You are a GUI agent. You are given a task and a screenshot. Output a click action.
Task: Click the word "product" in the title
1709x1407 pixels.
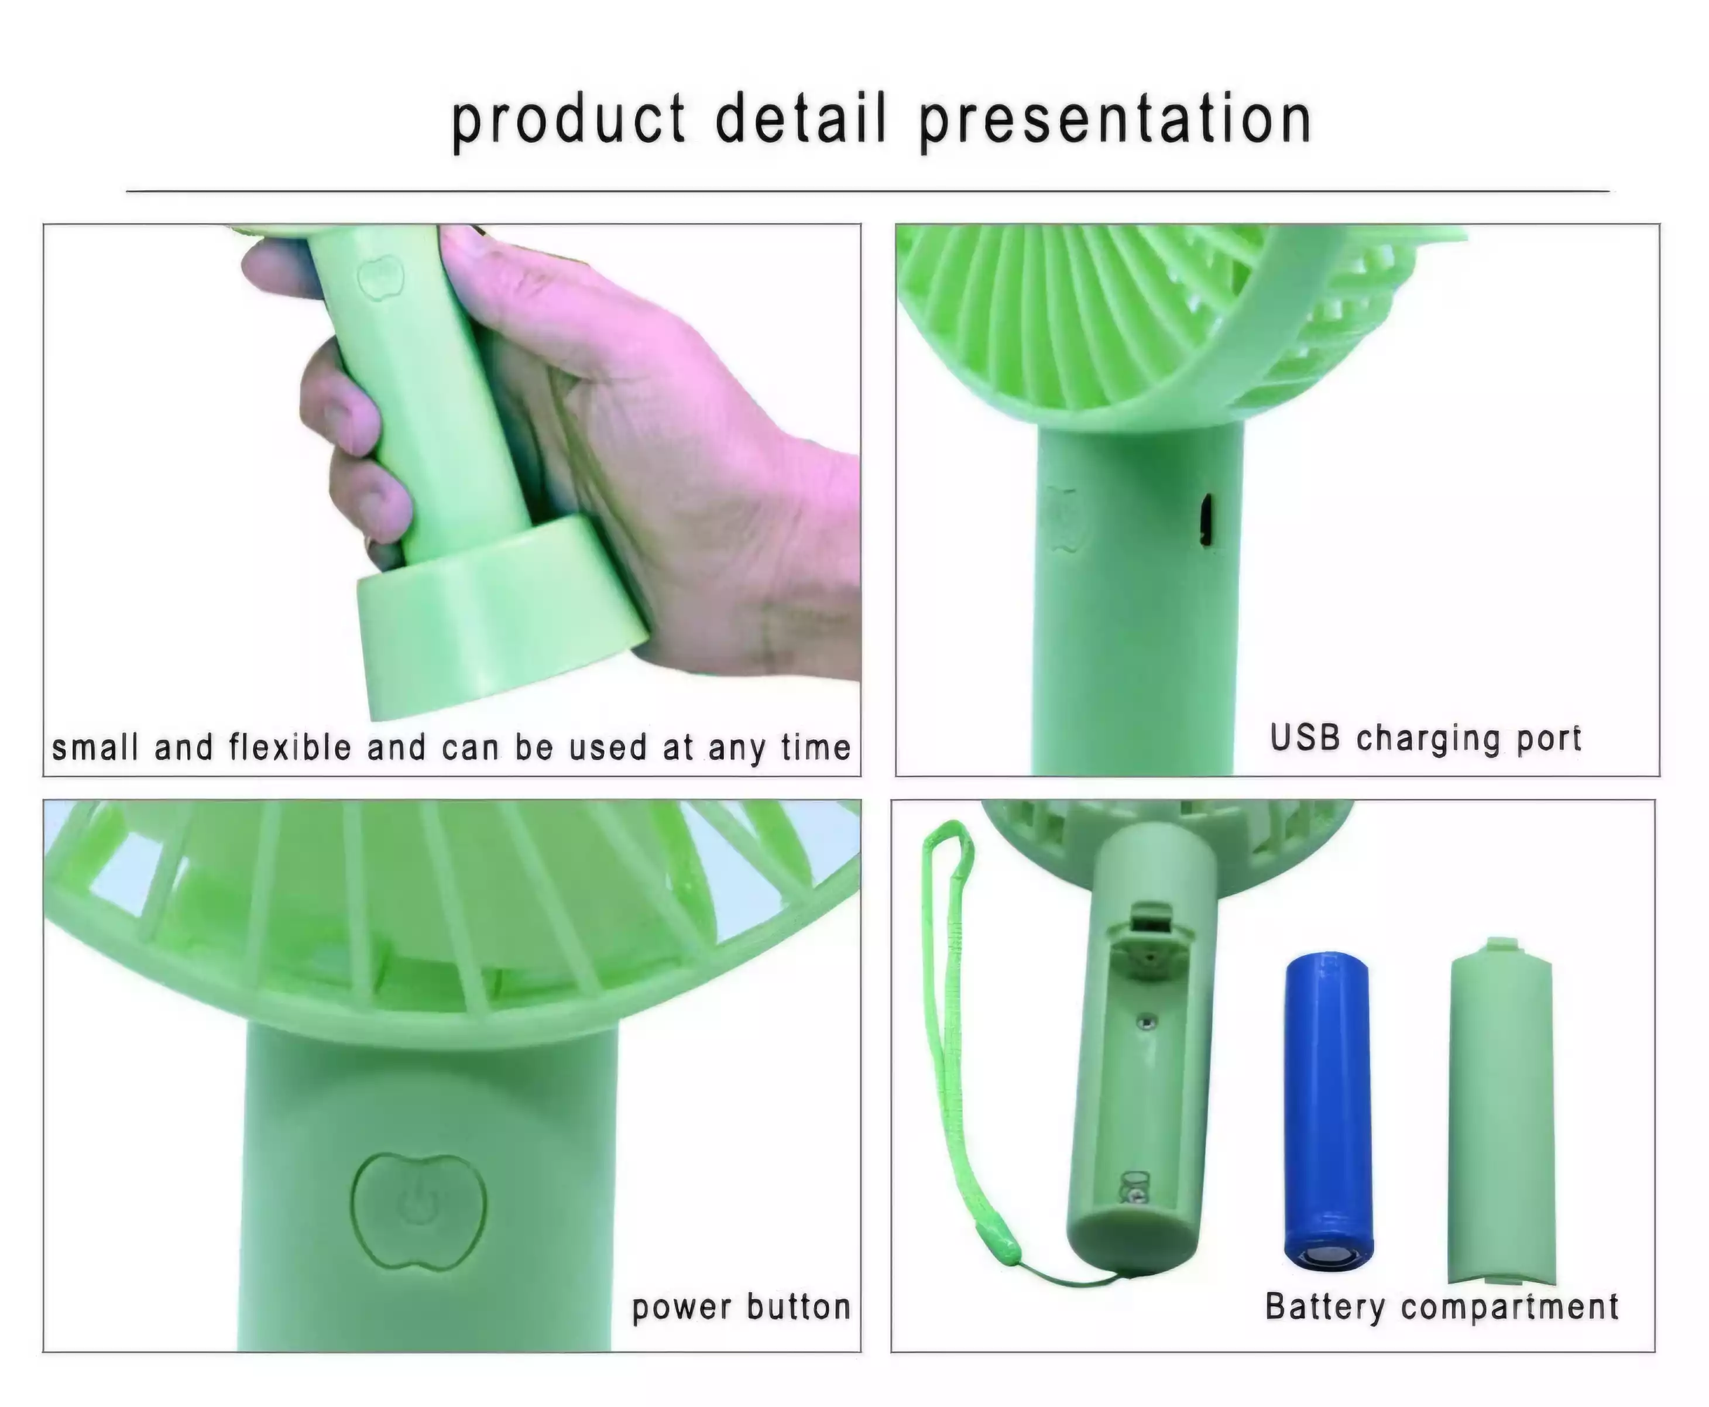pyautogui.click(x=568, y=122)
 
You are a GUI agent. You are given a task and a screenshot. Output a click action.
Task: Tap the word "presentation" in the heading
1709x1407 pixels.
pyautogui.click(x=1115, y=122)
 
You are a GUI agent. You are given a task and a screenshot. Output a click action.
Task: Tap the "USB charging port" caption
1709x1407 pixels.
pyautogui.click(x=1425, y=739)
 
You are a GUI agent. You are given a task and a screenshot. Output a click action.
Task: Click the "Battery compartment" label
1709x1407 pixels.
pyautogui.click(x=1442, y=1306)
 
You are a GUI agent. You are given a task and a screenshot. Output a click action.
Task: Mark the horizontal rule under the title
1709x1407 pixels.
pyautogui.click(x=868, y=192)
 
